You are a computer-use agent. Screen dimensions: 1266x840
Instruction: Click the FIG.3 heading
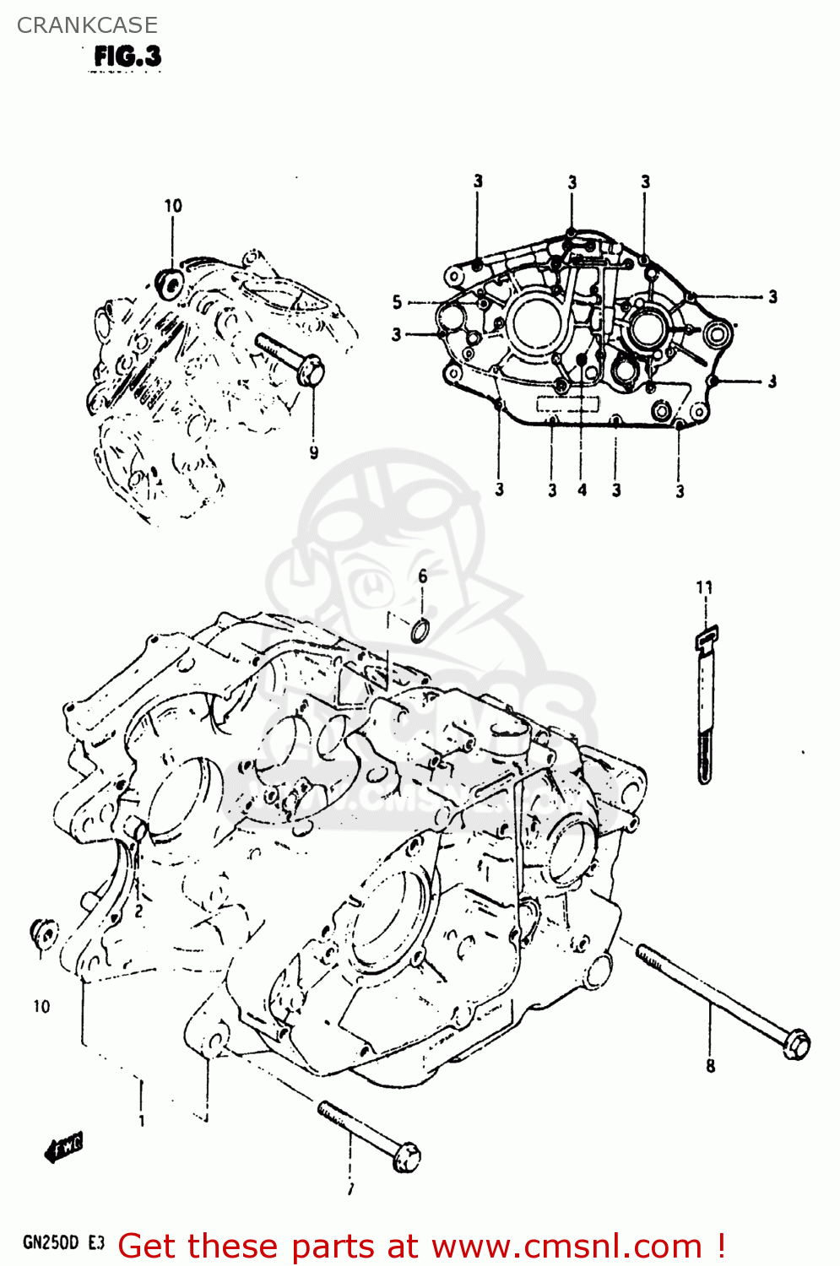[127, 57]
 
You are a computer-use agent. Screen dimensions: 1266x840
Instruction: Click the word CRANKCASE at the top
[87, 25]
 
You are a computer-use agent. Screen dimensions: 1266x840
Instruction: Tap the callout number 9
[314, 452]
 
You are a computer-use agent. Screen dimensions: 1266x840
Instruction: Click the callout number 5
[397, 302]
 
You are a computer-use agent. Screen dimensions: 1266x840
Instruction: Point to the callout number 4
[582, 490]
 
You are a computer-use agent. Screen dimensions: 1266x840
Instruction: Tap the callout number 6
[422, 576]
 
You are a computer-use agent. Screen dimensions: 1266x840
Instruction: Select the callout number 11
[704, 587]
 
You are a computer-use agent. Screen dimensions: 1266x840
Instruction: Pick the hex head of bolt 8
[795, 1044]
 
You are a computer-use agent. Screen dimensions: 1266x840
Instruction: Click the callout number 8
[710, 1066]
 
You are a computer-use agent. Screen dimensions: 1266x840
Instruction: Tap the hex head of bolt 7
[407, 1155]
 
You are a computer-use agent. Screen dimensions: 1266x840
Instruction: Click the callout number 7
[350, 1189]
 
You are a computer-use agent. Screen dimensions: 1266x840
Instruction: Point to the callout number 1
[141, 1121]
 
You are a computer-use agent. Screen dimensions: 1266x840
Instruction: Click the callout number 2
[138, 911]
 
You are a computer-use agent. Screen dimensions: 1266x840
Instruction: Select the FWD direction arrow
[63, 1148]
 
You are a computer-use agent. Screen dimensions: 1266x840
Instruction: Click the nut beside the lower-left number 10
[44, 933]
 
